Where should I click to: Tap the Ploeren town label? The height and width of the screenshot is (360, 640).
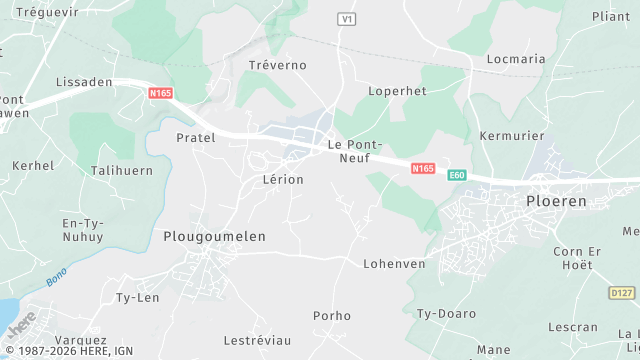pyautogui.click(x=556, y=200)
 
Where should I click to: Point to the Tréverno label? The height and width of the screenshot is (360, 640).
pyautogui.click(x=277, y=64)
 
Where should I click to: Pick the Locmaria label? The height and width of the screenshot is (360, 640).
pyautogui.click(x=516, y=59)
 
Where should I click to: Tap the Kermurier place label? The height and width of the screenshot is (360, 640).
pyautogui.click(x=511, y=135)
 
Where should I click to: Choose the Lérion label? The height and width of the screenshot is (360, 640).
pyautogui.click(x=282, y=179)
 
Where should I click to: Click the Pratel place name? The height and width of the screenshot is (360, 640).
pyautogui.click(x=195, y=137)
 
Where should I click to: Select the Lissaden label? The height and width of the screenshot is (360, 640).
pyautogui.click(x=83, y=82)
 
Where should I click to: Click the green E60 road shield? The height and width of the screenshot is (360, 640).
pyautogui.click(x=457, y=174)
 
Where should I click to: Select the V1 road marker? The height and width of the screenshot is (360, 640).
pyautogui.click(x=347, y=19)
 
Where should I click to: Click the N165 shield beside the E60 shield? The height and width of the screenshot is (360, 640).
pyautogui.click(x=423, y=169)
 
